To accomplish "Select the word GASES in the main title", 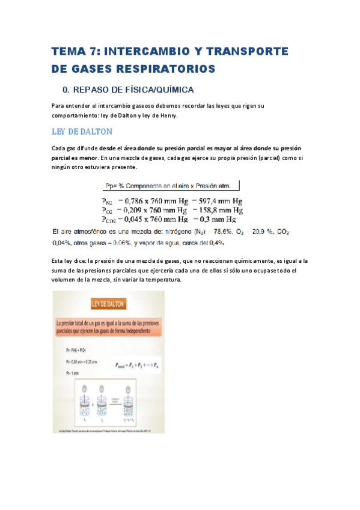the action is [95, 70].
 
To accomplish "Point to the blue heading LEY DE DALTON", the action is [82, 132].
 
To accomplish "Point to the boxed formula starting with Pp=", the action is [171, 186].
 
